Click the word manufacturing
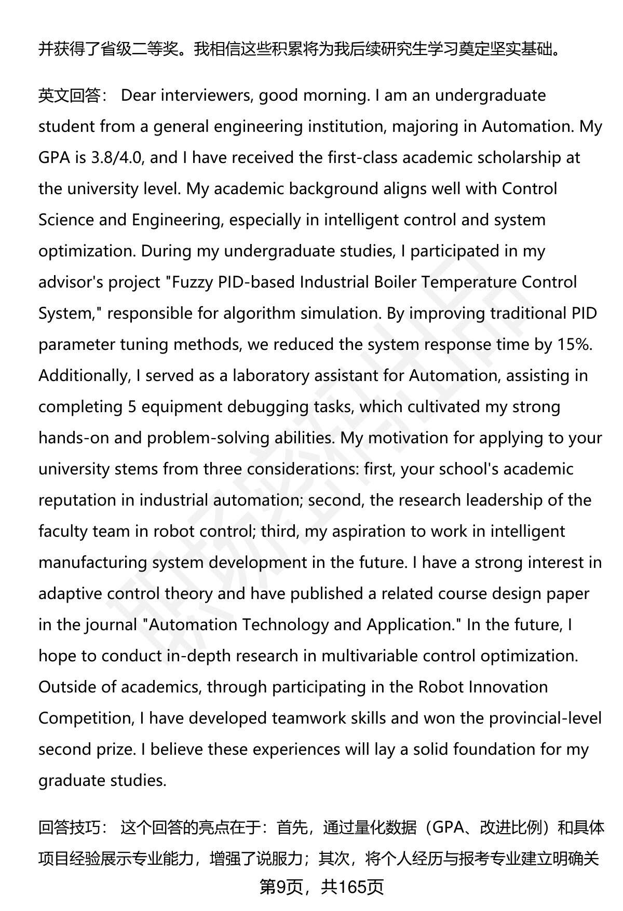point(93,563)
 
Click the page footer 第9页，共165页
point(321,887)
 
